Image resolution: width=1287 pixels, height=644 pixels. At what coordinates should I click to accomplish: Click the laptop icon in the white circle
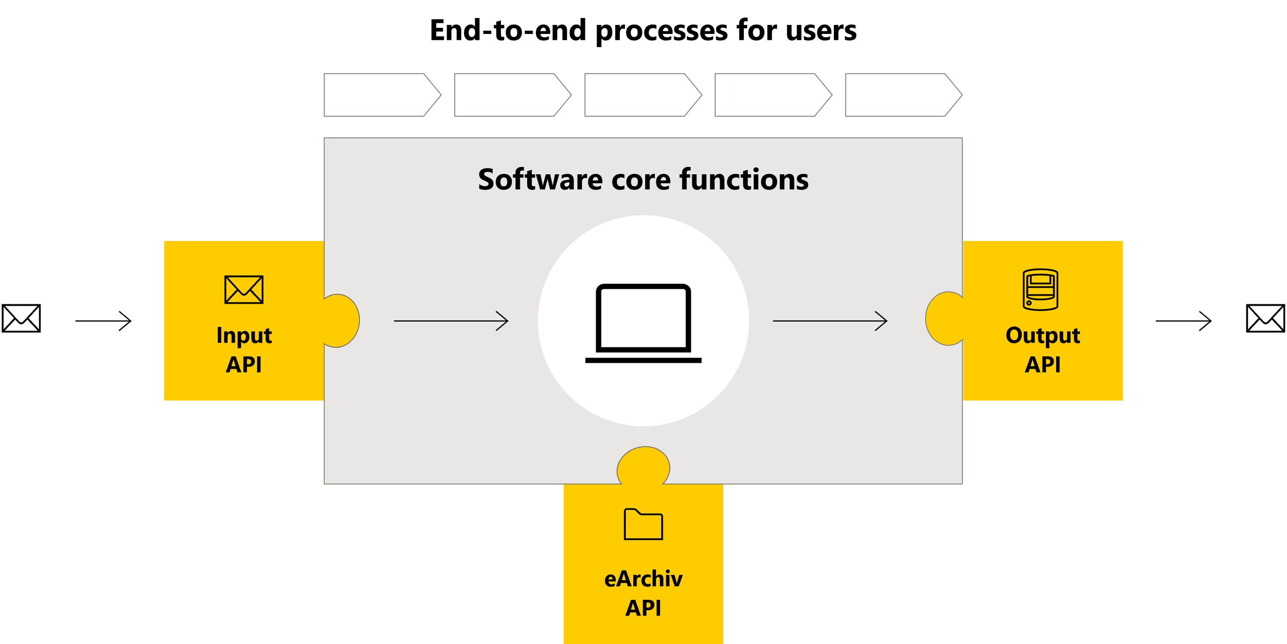(643, 322)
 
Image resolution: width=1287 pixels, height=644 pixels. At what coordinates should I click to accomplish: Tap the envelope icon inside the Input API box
(244, 289)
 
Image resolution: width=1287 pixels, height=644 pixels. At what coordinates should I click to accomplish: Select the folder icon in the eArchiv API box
(643, 524)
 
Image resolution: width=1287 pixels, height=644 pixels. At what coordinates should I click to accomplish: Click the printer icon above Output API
(1040, 290)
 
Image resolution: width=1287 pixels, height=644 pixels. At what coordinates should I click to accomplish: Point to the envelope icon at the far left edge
(21, 318)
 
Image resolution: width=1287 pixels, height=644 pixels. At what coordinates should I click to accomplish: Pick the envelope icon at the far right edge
(1266, 318)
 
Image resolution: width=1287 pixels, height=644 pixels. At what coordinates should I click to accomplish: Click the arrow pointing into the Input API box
(103, 321)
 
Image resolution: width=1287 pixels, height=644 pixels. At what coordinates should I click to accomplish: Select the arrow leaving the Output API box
(1184, 321)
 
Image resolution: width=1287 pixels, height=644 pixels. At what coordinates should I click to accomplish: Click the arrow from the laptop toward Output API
(830, 321)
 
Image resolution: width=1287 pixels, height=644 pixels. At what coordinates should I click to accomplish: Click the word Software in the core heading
(540, 179)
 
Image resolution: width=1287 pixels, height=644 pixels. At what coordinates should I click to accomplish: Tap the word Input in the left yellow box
(244, 335)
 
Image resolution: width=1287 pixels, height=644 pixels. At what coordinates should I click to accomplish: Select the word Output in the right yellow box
(1043, 335)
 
